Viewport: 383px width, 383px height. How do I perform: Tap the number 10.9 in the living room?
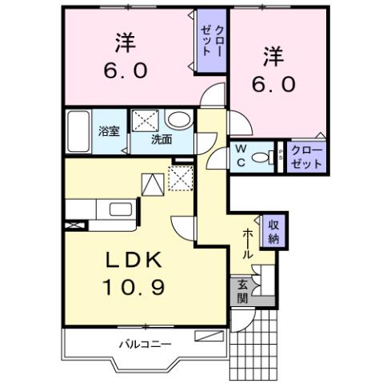pos(134,285)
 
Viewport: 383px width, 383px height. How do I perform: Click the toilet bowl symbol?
pos(260,157)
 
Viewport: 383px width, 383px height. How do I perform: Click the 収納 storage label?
pos(273,232)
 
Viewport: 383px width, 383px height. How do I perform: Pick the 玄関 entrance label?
pos(241,291)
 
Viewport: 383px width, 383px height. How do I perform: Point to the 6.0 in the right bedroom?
pos(276,82)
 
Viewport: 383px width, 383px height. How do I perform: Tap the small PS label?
pos(280,155)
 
